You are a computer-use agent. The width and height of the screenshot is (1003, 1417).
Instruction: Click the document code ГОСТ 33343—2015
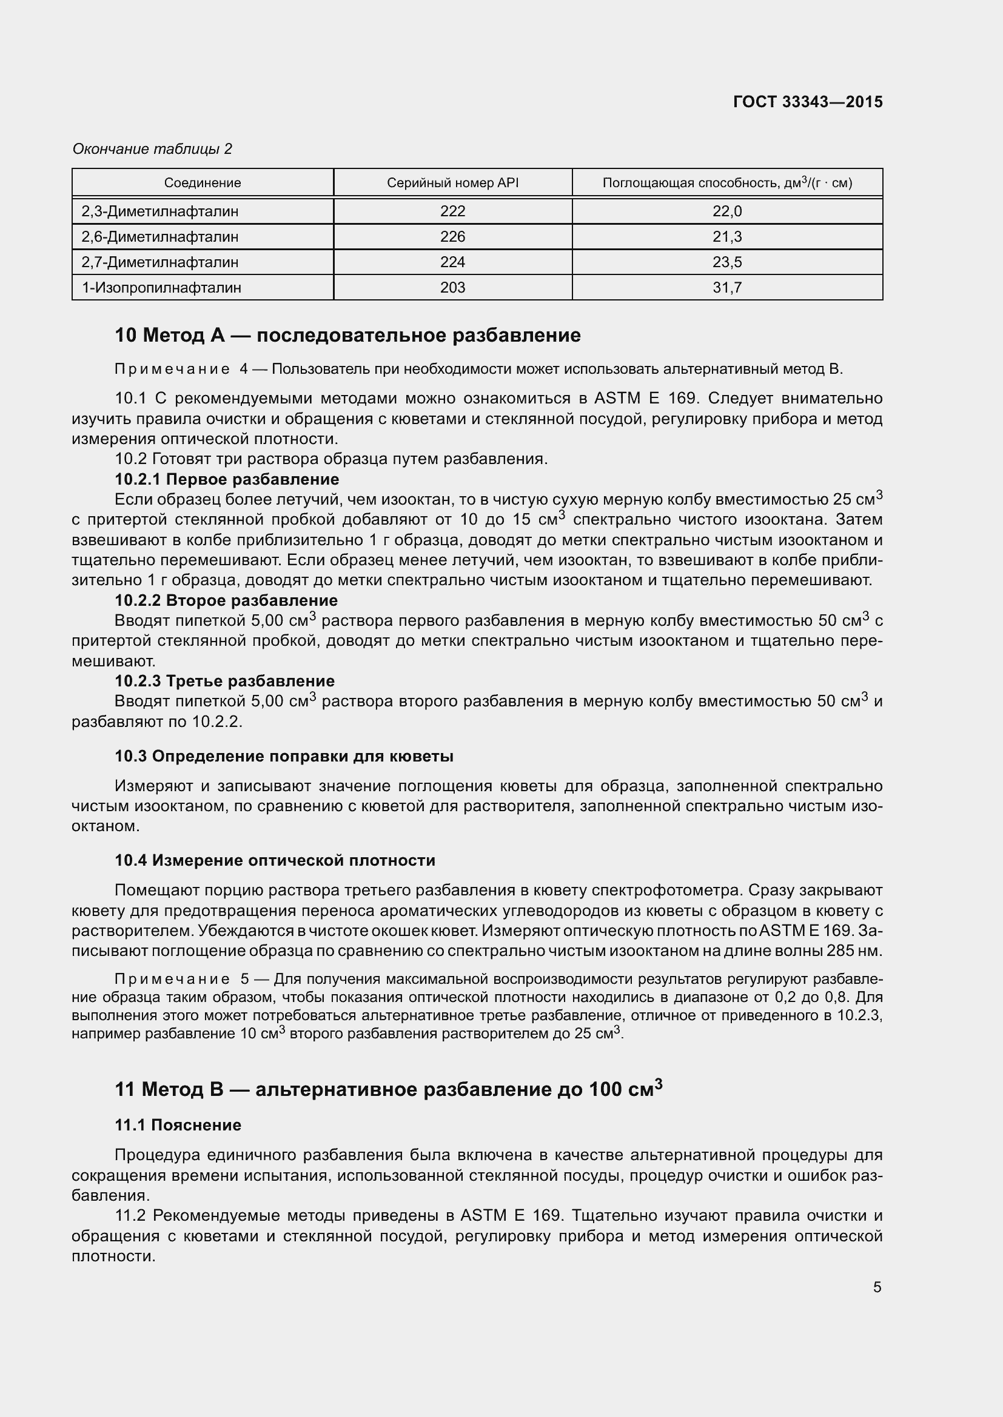click(x=807, y=102)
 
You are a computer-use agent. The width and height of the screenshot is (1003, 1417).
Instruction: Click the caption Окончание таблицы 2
click(x=152, y=149)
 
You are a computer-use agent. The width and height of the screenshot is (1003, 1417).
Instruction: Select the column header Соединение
click(x=202, y=183)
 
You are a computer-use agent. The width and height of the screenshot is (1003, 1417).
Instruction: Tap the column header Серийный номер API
click(x=452, y=183)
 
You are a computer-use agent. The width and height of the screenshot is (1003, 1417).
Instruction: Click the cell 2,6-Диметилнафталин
click(x=159, y=236)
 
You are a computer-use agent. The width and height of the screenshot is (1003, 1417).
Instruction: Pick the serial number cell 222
click(x=452, y=211)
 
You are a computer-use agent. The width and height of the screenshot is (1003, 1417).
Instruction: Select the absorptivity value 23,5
click(x=726, y=262)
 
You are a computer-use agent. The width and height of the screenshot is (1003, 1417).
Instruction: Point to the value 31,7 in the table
click(x=726, y=287)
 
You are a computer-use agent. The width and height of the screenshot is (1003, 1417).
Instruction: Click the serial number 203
click(x=452, y=287)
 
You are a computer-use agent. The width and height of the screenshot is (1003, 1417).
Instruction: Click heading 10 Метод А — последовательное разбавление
click(x=347, y=335)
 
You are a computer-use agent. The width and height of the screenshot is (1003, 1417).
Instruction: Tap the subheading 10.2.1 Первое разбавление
click(x=227, y=479)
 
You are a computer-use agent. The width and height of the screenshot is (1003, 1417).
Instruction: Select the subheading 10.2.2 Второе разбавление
click(x=226, y=600)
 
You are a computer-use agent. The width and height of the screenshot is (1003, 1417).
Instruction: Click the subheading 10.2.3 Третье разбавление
click(x=224, y=681)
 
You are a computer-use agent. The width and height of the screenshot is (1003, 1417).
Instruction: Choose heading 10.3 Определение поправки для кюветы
click(x=283, y=756)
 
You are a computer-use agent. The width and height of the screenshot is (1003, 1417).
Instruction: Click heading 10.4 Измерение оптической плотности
click(x=274, y=860)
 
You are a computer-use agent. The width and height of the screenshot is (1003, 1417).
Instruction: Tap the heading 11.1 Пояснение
click(x=177, y=1124)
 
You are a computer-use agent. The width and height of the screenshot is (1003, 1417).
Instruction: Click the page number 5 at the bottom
click(x=877, y=1287)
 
